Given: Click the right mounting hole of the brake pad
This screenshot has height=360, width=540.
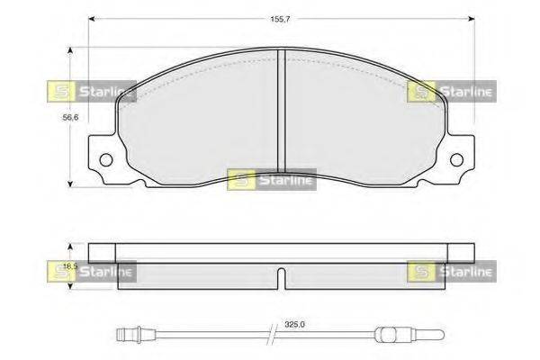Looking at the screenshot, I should coord(463,161).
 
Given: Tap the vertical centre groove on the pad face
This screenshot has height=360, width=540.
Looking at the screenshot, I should coord(282,108).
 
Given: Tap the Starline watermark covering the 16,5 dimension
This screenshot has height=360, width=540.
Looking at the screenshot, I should coord(91,270).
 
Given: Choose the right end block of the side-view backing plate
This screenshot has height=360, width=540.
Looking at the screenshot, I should coord(463,250).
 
